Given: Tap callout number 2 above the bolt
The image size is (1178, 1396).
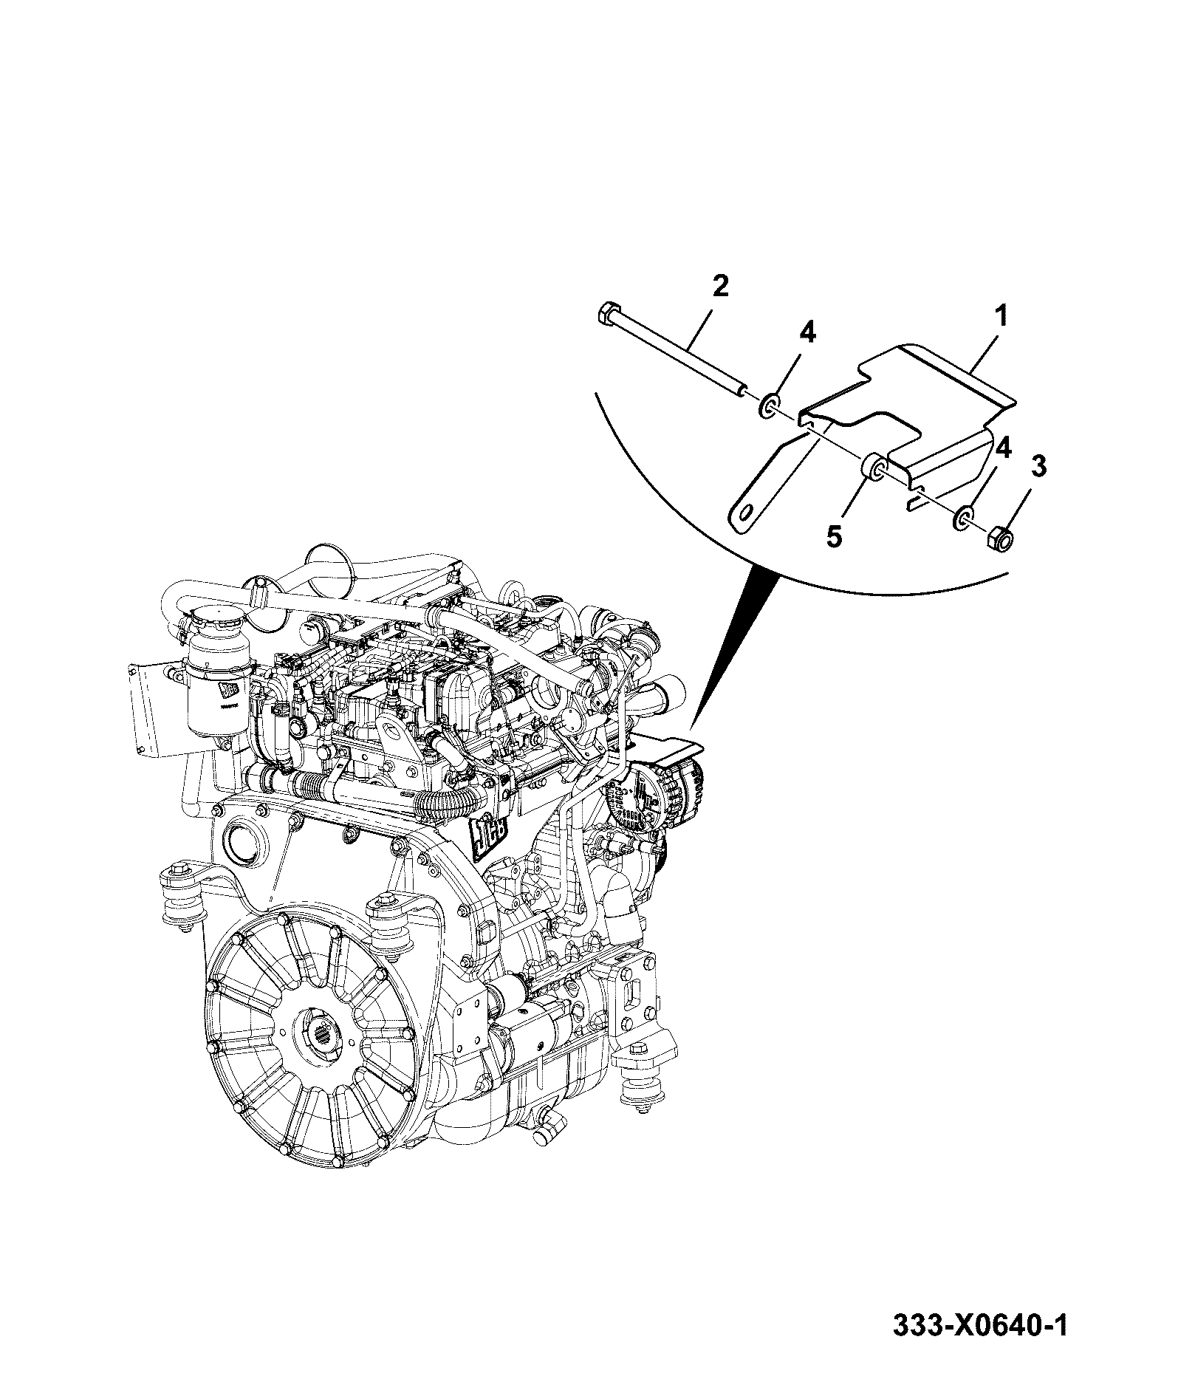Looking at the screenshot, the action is click(720, 285).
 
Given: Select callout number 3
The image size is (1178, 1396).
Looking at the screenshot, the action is click(1038, 468).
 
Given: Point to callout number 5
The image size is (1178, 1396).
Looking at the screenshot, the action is click(833, 536).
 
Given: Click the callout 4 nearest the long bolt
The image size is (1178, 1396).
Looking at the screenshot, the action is click(808, 334).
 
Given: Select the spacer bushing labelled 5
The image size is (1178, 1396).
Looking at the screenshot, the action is click(876, 468).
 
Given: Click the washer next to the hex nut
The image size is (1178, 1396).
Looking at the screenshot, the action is click(964, 518).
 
